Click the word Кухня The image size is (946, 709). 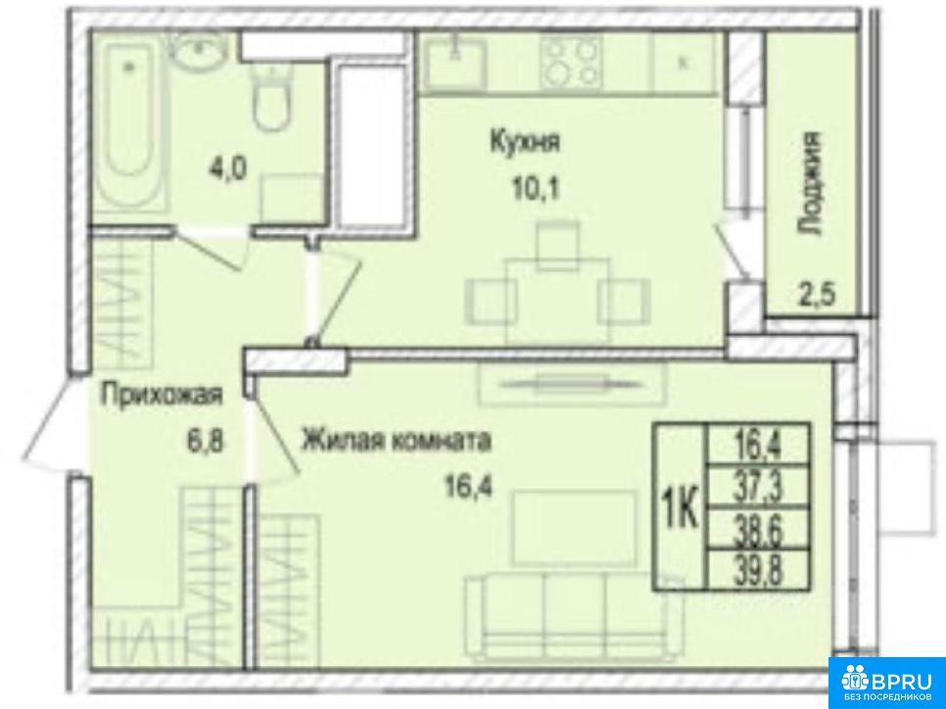tap(525, 142)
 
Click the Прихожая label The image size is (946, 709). tap(163, 396)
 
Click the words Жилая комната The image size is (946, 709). tap(397, 441)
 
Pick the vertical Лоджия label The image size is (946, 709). tap(809, 183)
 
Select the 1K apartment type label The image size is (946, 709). tap(682, 507)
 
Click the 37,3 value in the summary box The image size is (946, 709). tap(758, 488)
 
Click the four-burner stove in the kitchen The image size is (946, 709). tap(570, 61)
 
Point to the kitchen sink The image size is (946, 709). tap(453, 62)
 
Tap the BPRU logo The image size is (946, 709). tap(887, 682)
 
